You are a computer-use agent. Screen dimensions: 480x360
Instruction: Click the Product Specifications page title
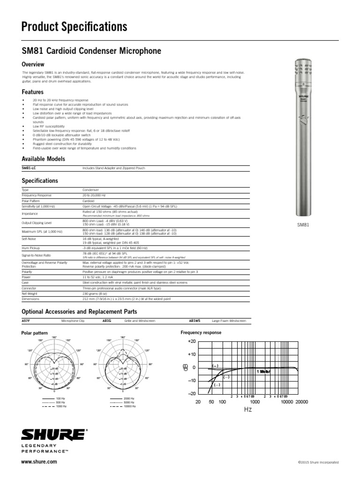pos(74,27)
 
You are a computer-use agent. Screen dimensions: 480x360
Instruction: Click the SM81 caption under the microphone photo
pos(304,225)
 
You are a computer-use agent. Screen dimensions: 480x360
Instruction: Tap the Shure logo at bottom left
pos(53,435)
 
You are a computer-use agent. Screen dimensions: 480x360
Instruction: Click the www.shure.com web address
pos(39,462)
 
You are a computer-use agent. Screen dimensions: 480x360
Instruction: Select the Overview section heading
pos(33,64)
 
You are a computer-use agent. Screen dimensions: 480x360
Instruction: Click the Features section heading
pos(33,92)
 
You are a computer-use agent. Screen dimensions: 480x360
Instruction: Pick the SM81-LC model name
pos(29,167)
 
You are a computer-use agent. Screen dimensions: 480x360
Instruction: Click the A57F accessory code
pos(27,321)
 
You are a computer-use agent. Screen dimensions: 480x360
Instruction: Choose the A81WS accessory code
pos(195,321)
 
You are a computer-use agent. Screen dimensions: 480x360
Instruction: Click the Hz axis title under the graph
pos(248,409)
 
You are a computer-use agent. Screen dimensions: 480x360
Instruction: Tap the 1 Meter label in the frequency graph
pos(263,371)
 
